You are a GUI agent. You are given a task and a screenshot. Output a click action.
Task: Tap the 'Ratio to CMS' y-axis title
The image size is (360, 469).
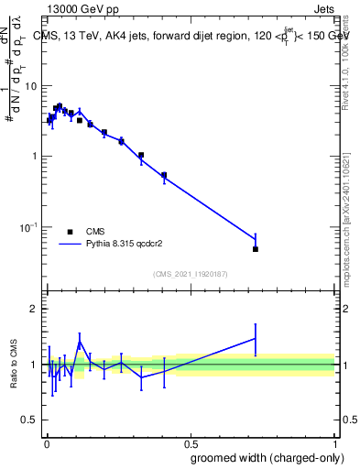pos(14,364)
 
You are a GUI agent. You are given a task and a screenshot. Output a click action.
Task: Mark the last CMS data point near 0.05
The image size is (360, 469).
pos(256,249)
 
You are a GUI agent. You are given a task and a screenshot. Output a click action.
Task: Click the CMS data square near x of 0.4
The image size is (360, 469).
pos(164,175)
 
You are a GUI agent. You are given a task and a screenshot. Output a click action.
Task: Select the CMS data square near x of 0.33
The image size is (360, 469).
pos(141,155)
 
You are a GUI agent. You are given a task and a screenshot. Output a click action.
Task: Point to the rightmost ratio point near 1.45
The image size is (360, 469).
pos(256,339)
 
